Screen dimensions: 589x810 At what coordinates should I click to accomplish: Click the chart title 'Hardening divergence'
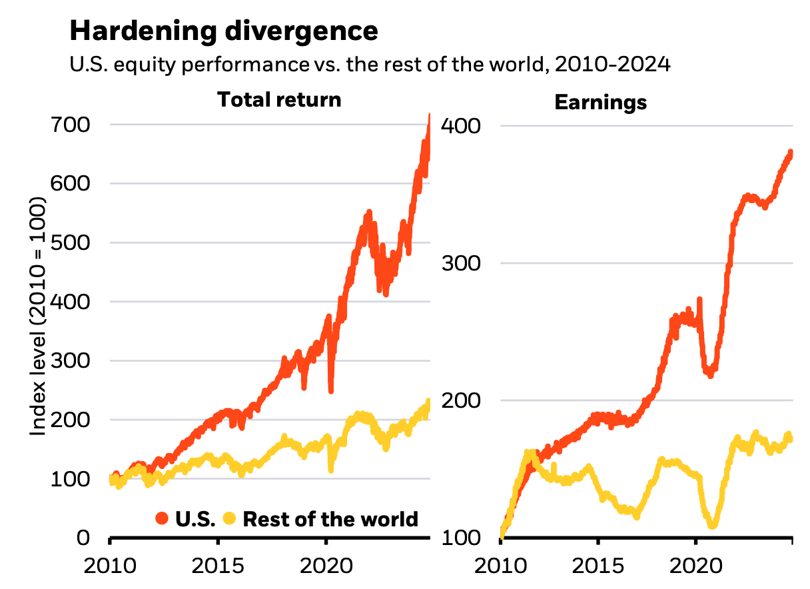click(x=224, y=31)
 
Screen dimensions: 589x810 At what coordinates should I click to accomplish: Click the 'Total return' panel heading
click(x=279, y=99)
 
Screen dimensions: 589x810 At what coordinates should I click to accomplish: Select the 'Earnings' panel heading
click(x=600, y=103)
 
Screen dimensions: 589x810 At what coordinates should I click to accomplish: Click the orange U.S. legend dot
click(x=162, y=518)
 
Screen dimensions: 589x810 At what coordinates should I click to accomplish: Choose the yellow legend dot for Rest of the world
click(x=230, y=518)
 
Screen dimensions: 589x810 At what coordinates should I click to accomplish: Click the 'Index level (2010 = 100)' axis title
click(x=39, y=316)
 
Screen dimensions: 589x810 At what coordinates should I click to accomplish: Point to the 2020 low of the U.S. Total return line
click(x=331, y=390)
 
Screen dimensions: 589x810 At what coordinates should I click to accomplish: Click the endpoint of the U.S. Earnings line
click(x=791, y=153)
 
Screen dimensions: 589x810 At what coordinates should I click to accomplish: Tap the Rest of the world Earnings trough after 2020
click(x=713, y=525)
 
